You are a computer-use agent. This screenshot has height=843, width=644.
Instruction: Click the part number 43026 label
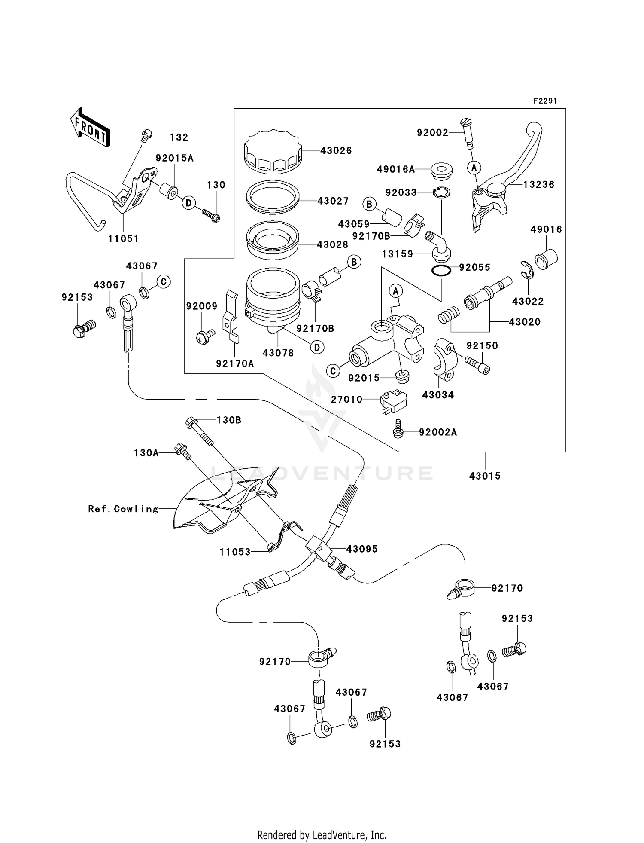pos(336,151)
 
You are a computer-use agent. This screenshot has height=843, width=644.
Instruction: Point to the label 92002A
pos(438,432)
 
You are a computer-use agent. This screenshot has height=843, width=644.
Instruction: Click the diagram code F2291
pos(545,101)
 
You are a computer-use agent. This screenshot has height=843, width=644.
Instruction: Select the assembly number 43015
pos(485,476)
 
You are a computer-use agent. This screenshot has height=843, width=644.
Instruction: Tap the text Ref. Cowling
pos(123,509)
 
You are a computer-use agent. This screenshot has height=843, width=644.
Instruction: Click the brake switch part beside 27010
pos(393,401)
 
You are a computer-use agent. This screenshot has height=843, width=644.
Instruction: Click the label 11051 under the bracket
pos(123,239)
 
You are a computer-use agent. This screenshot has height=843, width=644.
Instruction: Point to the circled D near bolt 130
pos(188,203)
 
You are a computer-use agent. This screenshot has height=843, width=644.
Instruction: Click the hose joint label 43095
pos(362,549)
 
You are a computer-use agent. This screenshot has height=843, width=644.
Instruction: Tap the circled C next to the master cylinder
pos(333,370)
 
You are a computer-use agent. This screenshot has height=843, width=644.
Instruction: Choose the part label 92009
pos(201,306)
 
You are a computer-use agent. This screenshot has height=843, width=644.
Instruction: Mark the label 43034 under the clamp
pos(438,395)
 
